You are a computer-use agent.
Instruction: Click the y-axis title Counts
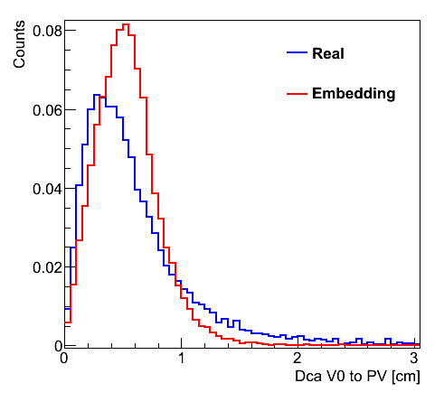coord(19,44)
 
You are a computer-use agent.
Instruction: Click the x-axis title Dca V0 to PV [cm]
coord(357,376)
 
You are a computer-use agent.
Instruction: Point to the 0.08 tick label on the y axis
coord(47,31)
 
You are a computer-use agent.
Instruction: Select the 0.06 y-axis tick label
coord(47,110)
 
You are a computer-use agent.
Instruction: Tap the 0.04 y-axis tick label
coord(47,189)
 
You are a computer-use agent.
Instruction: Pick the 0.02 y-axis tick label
coord(47,267)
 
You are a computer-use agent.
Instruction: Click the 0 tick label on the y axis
coord(58,346)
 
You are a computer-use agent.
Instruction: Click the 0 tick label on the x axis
coord(64,359)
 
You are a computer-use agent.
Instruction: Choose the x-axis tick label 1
coord(181,359)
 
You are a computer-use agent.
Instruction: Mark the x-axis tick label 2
coord(298,359)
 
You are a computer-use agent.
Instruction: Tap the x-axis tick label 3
coord(414,359)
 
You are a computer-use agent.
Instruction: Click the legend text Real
coord(328,53)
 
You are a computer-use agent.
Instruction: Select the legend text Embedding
coord(354,93)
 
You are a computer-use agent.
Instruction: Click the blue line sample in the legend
coord(297,52)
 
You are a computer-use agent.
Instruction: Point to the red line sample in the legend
coord(297,94)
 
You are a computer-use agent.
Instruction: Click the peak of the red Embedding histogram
coord(126,24)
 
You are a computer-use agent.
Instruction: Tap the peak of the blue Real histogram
coord(97,95)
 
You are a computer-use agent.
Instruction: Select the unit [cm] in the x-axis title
coord(406,377)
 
